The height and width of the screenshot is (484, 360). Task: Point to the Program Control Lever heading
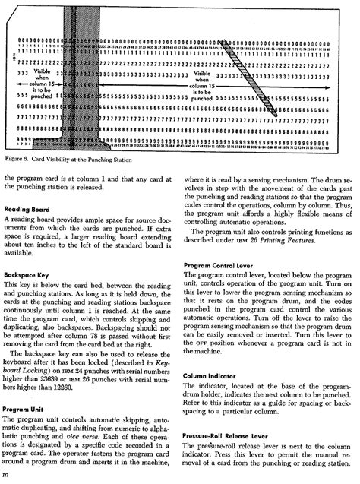(x=226, y=265)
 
